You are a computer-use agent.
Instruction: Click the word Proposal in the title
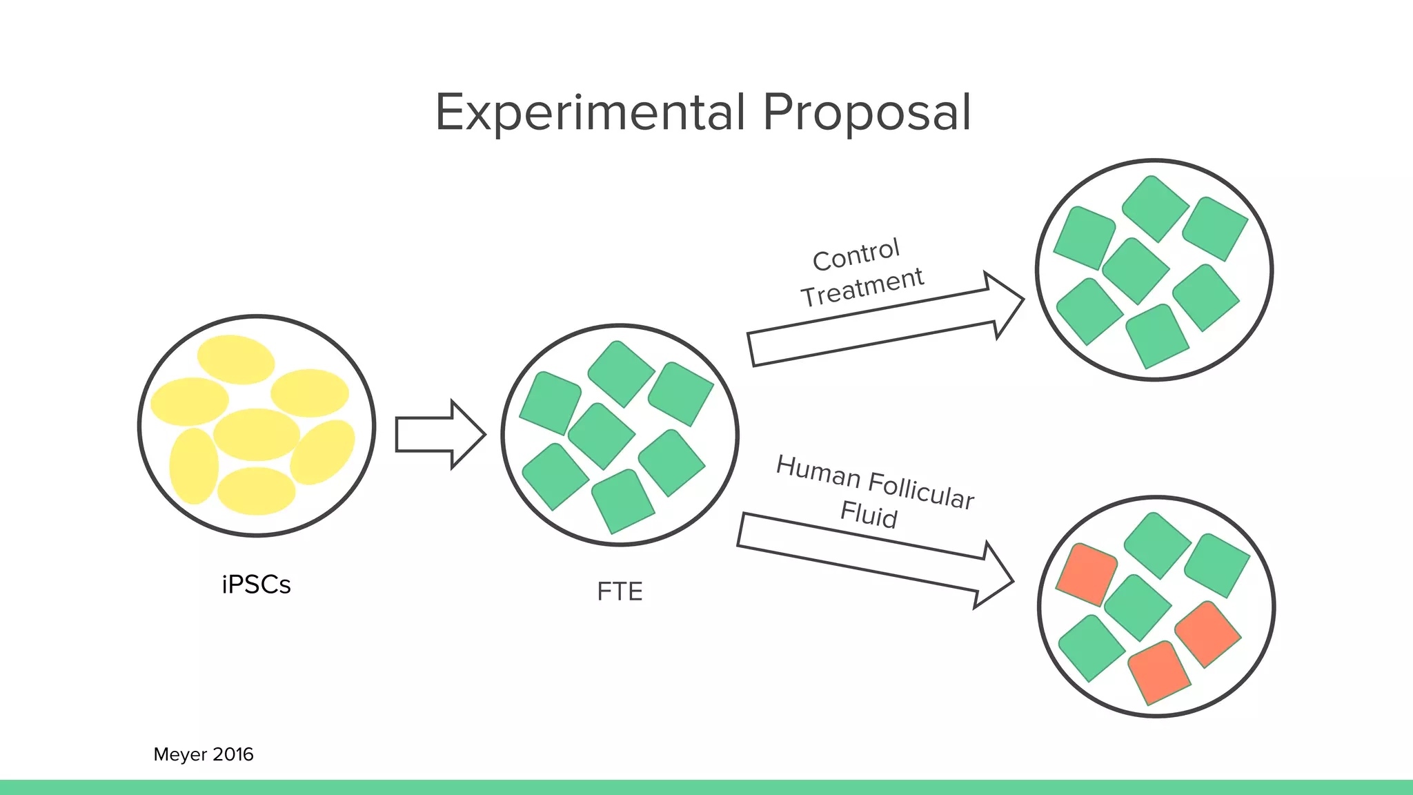(x=867, y=112)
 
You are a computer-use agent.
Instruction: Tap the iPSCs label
(x=256, y=585)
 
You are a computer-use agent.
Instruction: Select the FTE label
(x=620, y=591)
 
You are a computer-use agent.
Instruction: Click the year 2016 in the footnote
(x=233, y=754)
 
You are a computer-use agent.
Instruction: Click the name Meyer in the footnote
(x=180, y=754)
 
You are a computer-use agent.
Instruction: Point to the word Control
(x=856, y=254)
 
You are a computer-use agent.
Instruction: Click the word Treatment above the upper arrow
(x=862, y=287)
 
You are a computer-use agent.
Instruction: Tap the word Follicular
(x=921, y=490)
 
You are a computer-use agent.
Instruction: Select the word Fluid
(x=869, y=514)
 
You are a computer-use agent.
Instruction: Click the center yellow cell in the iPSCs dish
(x=256, y=434)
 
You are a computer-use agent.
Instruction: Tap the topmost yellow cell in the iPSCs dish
(x=236, y=359)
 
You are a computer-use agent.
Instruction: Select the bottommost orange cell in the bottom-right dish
(x=1159, y=672)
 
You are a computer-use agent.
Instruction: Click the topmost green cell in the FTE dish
(x=621, y=373)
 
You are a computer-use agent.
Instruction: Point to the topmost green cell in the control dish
(x=1155, y=208)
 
